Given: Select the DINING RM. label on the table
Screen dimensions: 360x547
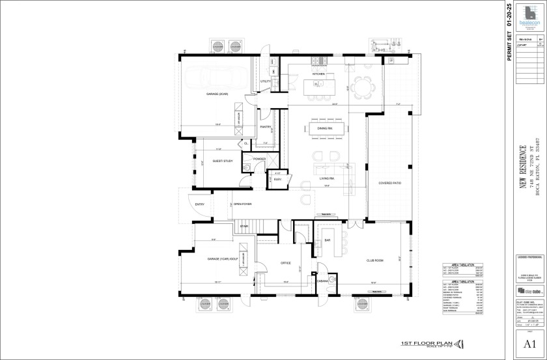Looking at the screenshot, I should pos(325,129).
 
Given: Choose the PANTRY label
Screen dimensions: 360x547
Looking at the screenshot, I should pos(266,127).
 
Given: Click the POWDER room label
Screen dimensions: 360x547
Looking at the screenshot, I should pos(259,159).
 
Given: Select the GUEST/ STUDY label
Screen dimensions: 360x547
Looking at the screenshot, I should pos(223,161).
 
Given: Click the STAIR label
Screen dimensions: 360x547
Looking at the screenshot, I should pos(244,227).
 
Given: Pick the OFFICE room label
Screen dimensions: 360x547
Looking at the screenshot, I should pos(285,263).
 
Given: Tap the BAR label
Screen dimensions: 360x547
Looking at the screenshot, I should pos(328,240).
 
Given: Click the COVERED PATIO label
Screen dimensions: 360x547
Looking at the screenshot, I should pos(390,184).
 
